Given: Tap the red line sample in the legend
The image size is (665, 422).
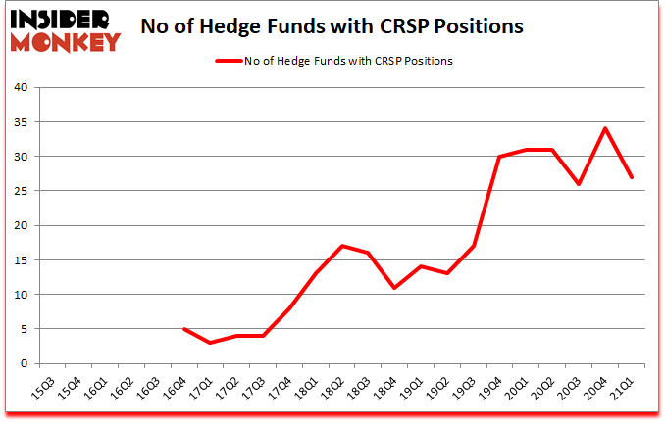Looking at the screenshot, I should [228, 61].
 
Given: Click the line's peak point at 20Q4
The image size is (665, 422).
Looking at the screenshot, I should [606, 128].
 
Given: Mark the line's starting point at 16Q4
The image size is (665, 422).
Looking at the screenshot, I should [184, 329].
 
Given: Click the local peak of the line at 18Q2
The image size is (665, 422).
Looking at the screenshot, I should [342, 246].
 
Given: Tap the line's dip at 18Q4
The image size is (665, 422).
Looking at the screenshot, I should [395, 287].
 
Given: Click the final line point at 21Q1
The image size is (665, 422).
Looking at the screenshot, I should [633, 177].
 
